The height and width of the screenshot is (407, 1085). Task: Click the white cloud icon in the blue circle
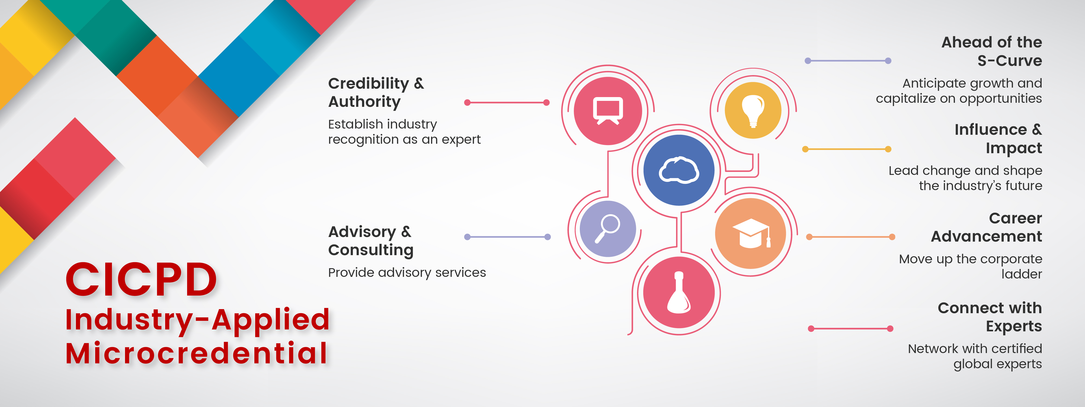click(678, 170)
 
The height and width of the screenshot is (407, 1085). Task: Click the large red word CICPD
click(141, 279)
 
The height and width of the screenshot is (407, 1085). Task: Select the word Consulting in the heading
click(371, 250)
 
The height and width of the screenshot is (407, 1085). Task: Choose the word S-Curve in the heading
click(1010, 61)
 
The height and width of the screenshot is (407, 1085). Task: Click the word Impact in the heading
click(1014, 148)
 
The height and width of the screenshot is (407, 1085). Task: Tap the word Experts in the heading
click(1014, 326)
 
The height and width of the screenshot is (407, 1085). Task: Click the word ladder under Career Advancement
click(1021, 274)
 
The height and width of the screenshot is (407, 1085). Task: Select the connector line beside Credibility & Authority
click(507, 102)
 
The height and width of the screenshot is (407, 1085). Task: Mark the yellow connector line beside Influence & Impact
click(847, 149)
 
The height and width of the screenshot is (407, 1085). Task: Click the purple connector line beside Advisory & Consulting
click(507, 237)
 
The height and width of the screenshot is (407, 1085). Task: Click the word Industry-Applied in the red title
click(197, 320)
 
